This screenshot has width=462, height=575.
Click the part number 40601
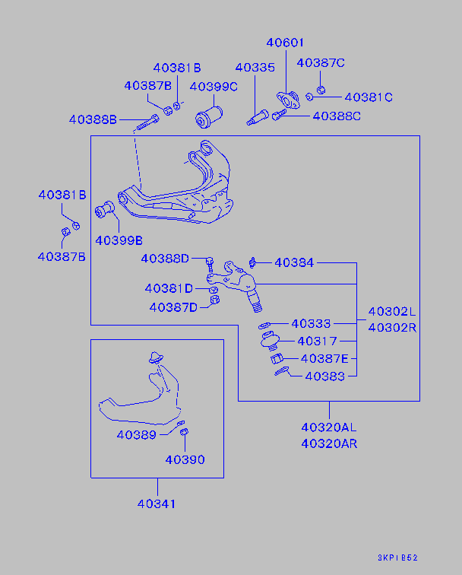tap(285, 43)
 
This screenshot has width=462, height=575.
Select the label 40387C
tap(320, 62)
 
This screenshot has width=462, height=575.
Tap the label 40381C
tap(369, 97)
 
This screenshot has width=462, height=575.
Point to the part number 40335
tap(255, 68)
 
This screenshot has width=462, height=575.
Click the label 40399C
tap(214, 87)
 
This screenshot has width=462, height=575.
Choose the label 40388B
tap(93, 119)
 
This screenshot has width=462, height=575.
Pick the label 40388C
tap(337, 116)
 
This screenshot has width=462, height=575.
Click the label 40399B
tap(119, 240)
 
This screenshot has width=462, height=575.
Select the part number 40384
tap(294, 262)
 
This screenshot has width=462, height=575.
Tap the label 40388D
tap(165, 259)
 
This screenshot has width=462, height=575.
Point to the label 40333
tap(311, 323)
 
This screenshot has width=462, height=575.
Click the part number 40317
tap(317, 341)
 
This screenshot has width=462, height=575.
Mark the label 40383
tap(324, 375)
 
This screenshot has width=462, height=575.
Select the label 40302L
tap(393, 312)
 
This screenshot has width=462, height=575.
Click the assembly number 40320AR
tap(329, 443)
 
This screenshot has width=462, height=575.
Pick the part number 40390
tap(185, 459)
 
